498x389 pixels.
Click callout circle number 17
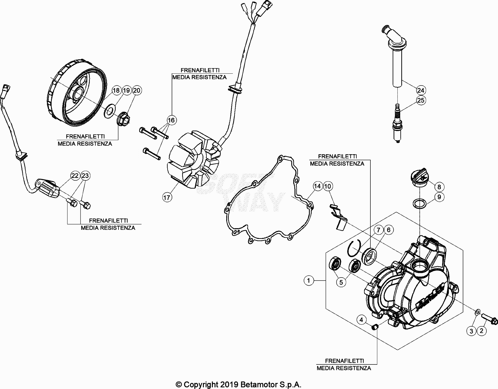tap(167, 197)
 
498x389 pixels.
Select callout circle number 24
tap(421, 90)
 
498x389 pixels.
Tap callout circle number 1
tap(309, 281)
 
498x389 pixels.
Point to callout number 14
tap(317, 186)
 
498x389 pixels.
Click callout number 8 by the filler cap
tap(439, 187)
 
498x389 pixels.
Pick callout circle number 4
tap(362, 320)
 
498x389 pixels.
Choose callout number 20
tap(137, 90)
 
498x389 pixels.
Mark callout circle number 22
tap(75, 176)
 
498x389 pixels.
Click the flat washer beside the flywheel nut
tap(110, 112)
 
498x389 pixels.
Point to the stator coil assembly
tap(194, 163)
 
